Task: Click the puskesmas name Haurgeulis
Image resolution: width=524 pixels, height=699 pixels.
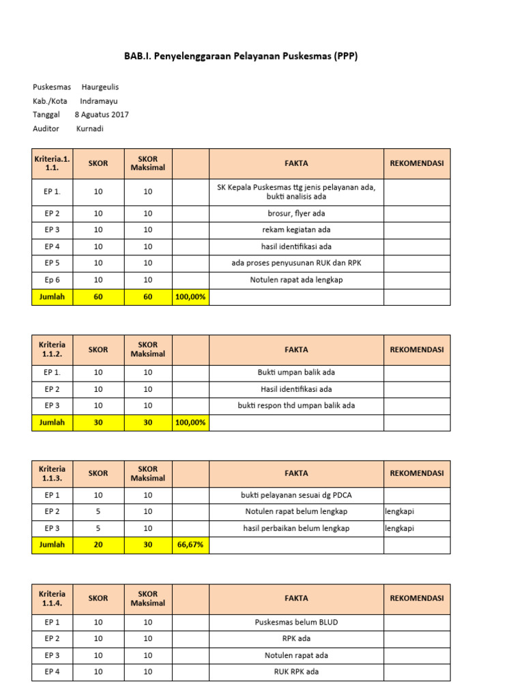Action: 100,87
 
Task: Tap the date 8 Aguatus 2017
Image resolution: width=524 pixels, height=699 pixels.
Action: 102,115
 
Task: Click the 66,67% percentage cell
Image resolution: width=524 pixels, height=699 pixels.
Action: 190,545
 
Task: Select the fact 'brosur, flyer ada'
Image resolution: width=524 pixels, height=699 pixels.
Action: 296,214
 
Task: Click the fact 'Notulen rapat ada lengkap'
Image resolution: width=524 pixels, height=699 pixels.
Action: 296,280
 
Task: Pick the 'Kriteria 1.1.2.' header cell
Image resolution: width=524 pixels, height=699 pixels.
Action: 53,349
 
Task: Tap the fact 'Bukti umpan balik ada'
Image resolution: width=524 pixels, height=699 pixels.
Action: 296,373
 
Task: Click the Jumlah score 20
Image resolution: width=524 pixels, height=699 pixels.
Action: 98,545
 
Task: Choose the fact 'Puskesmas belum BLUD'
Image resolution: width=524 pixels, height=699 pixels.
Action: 296,622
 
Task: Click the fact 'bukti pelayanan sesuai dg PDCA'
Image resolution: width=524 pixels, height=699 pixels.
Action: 296,495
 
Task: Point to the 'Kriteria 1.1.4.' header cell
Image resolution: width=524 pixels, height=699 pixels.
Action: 53,598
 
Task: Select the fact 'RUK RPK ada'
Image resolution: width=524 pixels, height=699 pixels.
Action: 296,672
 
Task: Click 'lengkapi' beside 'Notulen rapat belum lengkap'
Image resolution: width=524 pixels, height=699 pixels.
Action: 400,511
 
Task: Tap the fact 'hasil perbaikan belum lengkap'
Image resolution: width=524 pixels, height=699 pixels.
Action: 296,528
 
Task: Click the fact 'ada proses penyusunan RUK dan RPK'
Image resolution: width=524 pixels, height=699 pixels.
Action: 296,263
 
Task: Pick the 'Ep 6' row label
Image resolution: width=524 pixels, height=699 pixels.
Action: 53,280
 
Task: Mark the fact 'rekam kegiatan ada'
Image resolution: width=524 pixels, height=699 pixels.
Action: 296,230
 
